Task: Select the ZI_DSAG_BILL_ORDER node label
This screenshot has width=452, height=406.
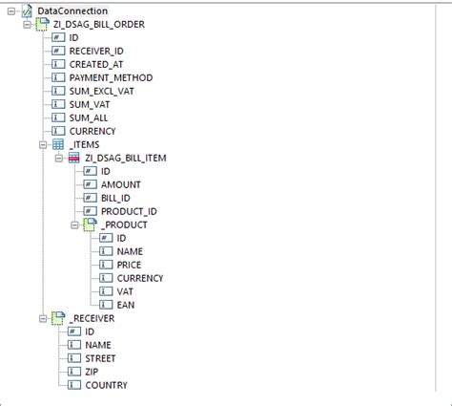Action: tap(99, 23)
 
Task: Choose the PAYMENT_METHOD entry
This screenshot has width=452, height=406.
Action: tap(111, 76)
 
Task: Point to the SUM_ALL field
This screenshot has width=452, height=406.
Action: tap(89, 117)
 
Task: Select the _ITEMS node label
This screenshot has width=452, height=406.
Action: tap(84, 144)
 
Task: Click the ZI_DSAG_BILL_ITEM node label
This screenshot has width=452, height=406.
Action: tap(127, 158)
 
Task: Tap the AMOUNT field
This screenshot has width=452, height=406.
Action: tap(121, 184)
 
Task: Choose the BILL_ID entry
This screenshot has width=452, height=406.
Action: tap(115, 198)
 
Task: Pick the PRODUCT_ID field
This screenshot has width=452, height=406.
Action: tap(129, 211)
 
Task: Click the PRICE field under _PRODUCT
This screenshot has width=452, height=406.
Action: tap(129, 265)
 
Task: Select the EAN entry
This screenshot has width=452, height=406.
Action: tap(125, 305)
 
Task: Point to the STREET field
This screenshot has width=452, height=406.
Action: tap(101, 358)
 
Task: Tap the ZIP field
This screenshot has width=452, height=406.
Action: tap(92, 372)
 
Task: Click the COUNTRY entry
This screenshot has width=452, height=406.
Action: tap(106, 385)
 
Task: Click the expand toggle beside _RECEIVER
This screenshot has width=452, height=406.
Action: tap(41, 318)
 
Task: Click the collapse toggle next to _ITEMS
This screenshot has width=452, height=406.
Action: tap(41, 144)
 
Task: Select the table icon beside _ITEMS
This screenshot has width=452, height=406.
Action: tap(57, 144)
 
